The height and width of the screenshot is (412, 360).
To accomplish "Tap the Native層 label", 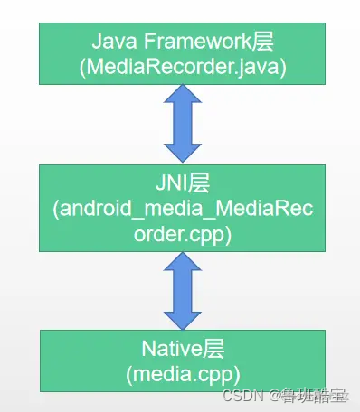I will coord(181,348).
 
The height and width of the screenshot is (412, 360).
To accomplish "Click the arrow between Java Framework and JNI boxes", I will coord(182,125).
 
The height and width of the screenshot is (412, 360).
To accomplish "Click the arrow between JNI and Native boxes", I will coord(181,290).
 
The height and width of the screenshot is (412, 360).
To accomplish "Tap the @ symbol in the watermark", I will coord(270,396).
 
